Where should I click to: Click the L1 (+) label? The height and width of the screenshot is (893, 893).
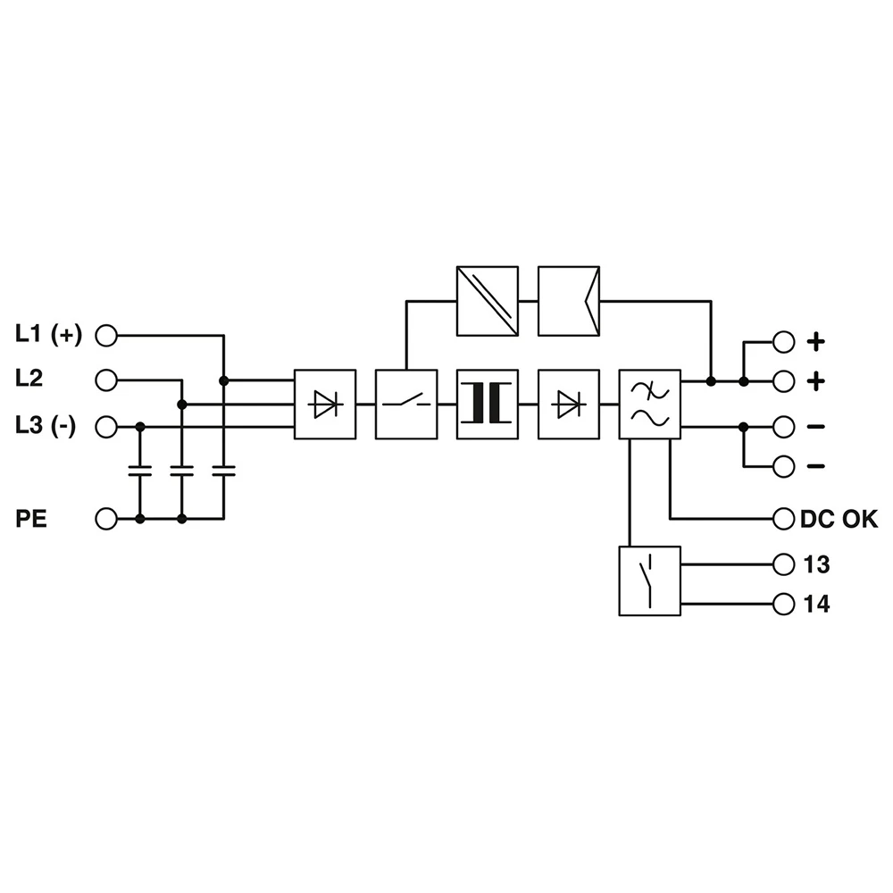click(48, 335)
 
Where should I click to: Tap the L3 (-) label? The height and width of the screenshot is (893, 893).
click(46, 426)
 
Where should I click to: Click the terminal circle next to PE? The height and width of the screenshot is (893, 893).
click(106, 518)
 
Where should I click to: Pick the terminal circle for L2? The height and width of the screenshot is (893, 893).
click(106, 380)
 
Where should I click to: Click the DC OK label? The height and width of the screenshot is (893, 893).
click(839, 518)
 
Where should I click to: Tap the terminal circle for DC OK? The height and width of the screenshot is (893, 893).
click(783, 518)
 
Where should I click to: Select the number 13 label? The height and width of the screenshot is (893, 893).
click(816, 564)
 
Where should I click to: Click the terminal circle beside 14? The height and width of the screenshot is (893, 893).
click(783, 605)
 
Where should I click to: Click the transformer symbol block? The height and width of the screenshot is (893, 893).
click(487, 405)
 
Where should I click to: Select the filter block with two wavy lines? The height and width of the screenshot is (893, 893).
click(650, 405)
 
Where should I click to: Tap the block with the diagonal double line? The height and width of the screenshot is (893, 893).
click(487, 302)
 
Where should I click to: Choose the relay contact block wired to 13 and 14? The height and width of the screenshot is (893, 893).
click(649, 580)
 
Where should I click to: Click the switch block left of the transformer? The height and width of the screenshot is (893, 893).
click(406, 405)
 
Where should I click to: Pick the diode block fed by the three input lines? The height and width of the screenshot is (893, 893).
click(324, 405)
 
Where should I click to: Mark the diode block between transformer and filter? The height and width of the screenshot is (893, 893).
click(569, 405)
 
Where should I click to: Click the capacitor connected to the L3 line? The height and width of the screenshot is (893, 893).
click(139, 472)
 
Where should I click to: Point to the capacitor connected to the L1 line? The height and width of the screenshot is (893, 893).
click(223, 472)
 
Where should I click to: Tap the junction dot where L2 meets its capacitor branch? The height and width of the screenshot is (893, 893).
click(182, 405)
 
